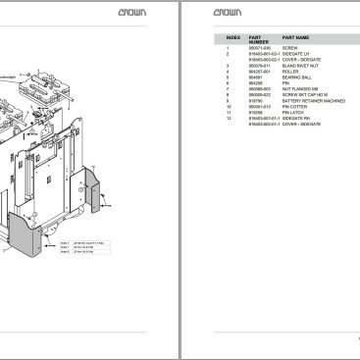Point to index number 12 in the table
pos(228,119)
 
